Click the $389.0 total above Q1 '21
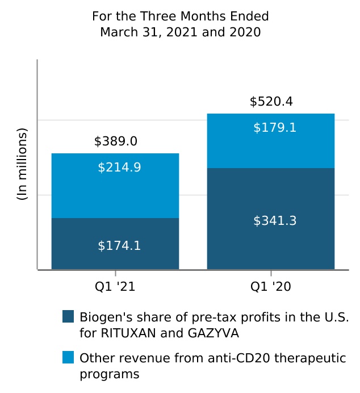click(115, 141)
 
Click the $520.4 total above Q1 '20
click(271, 102)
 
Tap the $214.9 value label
click(119, 168)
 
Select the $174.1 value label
click(119, 246)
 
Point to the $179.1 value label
click(275, 128)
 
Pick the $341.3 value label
click(275, 221)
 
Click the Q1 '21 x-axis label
click(115, 287)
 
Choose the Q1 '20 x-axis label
click(270, 287)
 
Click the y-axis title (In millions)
click(22, 164)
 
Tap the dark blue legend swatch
click(68, 316)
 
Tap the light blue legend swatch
click(68, 357)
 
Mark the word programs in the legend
click(109, 374)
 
